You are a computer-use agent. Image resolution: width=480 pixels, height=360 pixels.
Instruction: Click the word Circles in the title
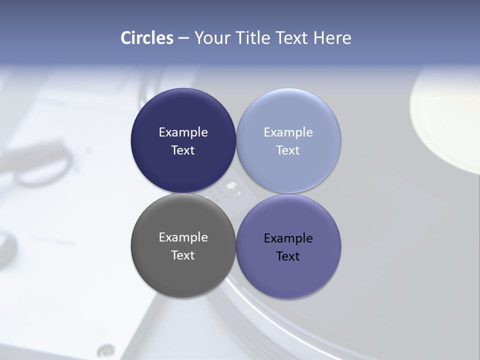pos(147,38)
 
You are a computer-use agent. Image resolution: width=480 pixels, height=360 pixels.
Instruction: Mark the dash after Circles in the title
pos(183,38)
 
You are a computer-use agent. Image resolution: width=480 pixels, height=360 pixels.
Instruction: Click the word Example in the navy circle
pos(183,132)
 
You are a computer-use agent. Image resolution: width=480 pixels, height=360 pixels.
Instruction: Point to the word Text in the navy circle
pos(183,150)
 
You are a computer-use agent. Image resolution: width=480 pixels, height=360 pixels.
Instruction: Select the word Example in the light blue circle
pos(288,132)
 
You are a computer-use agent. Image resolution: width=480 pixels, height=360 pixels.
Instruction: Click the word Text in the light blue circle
pos(288,150)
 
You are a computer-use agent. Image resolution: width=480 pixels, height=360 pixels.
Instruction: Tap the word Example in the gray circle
pos(183,237)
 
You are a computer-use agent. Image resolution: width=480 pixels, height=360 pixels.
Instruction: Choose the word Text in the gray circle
pos(183,255)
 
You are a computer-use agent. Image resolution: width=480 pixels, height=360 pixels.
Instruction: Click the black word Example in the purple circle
pos(288,238)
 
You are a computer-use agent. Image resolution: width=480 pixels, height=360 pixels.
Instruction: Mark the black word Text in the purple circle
pos(288,256)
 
